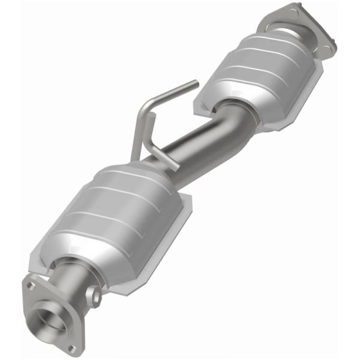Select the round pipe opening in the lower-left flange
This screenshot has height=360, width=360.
coord(50,318)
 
